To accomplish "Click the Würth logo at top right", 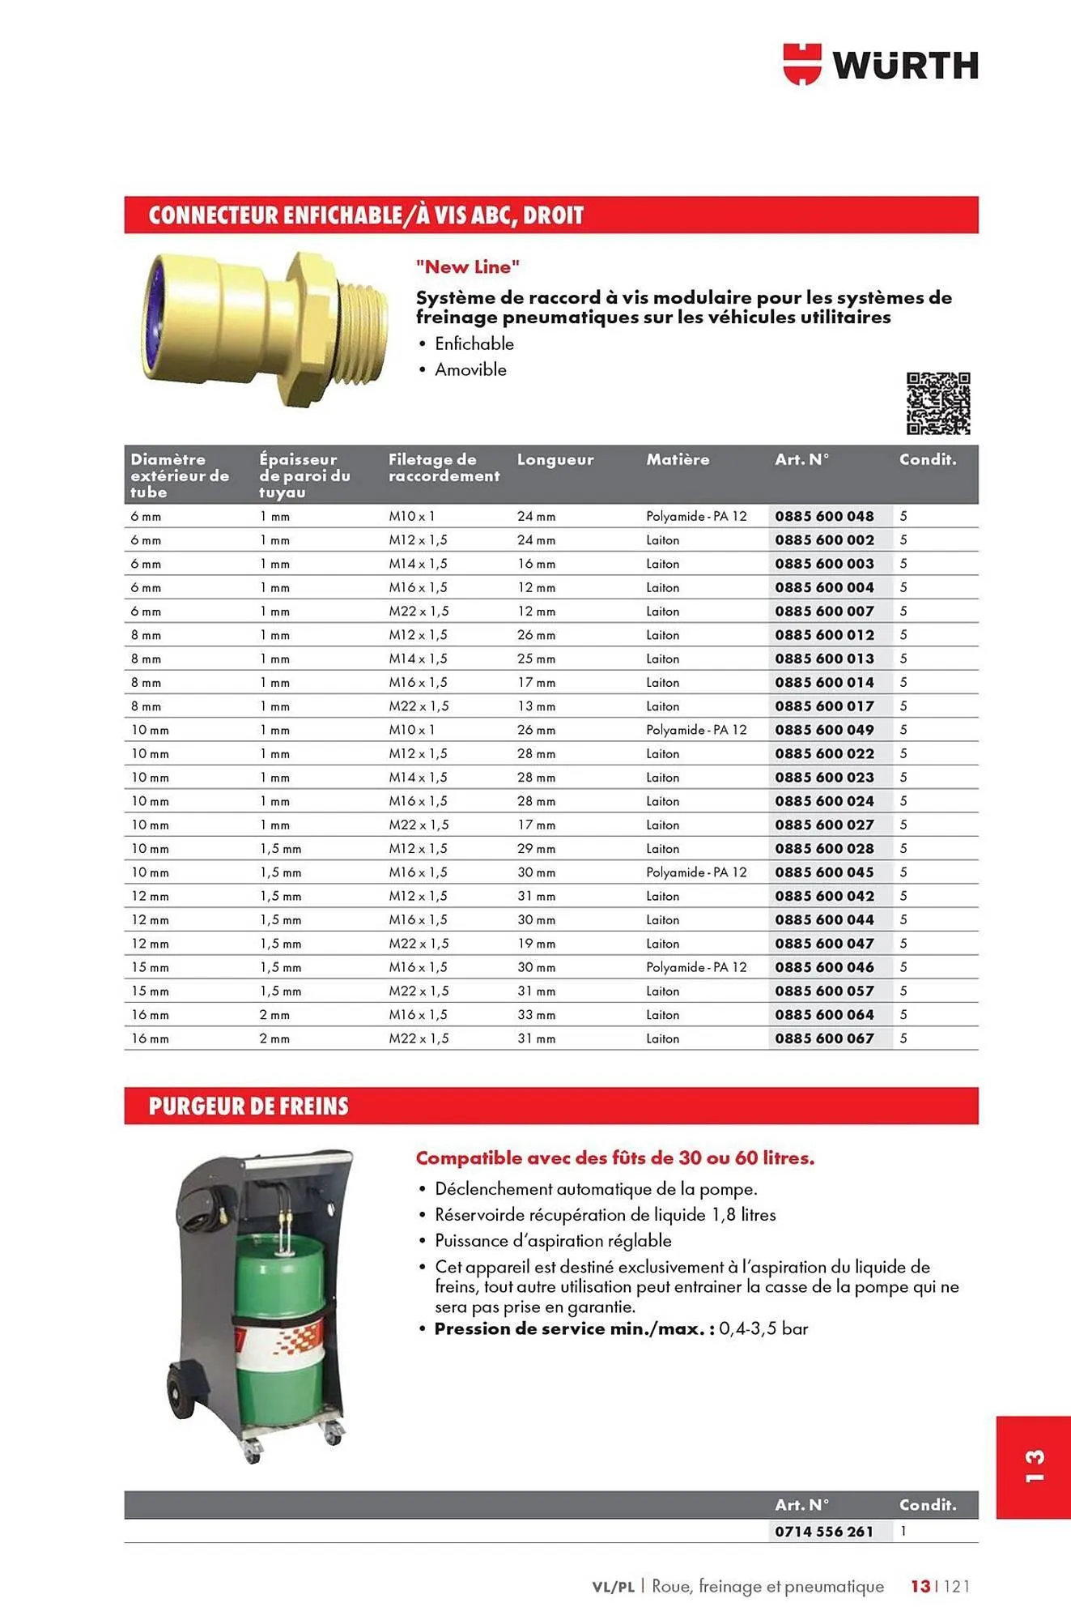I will tap(880, 65).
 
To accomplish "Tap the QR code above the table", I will tap(937, 403).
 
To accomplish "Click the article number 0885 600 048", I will tap(824, 516).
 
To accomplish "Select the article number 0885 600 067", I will tap(824, 1038).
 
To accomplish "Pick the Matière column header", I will tap(677, 459).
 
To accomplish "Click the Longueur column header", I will tap(555, 459).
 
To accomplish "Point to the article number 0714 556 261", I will tap(824, 1532).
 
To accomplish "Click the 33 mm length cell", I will tap(536, 1015).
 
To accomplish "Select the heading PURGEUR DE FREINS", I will tap(249, 1106).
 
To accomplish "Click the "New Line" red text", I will tap(467, 266).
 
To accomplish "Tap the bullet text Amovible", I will tap(470, 369).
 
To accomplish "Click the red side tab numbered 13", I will tap(1033, 1467).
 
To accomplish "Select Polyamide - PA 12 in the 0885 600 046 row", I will tap(695, 967).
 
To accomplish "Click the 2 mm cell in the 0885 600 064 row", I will tap(274, 1015).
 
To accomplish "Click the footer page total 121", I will tap(956, 1586).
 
